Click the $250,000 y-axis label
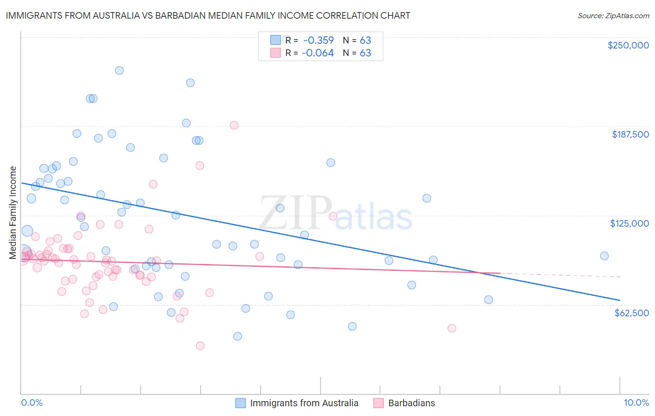(628, 45)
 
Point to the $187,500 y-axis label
(630, 134)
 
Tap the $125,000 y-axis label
(629, 223)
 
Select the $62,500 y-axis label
(632, 313)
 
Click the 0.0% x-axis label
(32, 403)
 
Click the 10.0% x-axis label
(636, 403)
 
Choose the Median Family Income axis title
(13, 213)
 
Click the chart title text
(208, 15)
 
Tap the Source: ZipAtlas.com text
(613, 16)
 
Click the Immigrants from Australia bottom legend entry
(304, 403)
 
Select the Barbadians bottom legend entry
(411, 403)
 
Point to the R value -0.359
(318, 40)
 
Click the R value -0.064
(318, 53)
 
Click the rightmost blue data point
(604, 256)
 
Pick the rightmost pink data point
(451, 328)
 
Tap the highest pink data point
(234, 125)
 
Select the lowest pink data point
(200, 346)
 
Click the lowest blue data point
(238, 336)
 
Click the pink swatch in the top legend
(275, 53)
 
